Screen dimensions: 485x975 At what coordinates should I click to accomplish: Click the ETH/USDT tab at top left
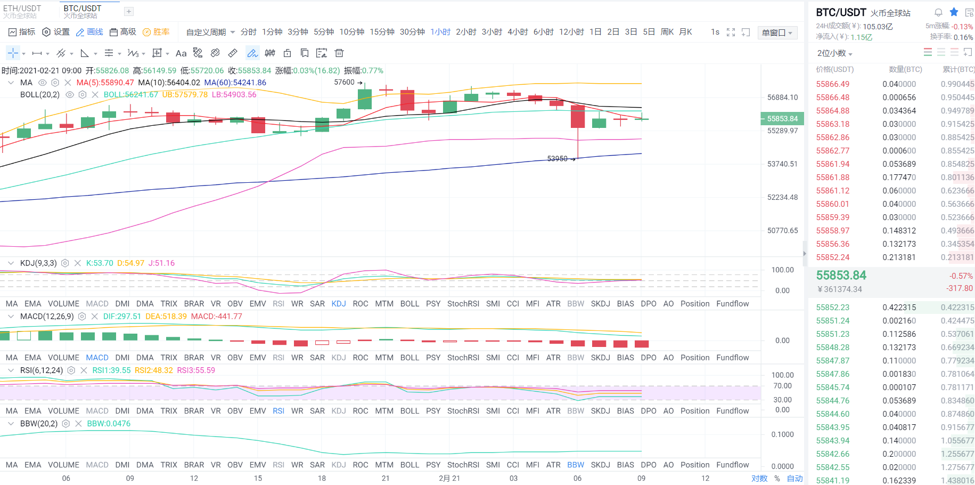tap(22, 11)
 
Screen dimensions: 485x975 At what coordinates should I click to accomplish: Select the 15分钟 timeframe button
tap(382, 32)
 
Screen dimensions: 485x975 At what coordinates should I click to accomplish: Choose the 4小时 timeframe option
tap(518, 32)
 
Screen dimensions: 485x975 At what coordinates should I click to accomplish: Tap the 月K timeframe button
tap(685, 32)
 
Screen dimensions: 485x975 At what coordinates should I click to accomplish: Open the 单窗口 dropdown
tap(777, 33)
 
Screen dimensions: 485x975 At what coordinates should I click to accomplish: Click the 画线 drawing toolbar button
tap(89, 32)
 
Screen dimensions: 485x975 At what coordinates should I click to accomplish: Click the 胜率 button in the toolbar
tap(156, 32)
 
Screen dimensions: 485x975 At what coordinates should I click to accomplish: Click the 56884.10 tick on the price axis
tap(782, 98)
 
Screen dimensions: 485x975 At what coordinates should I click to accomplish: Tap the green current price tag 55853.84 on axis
tap(782, 119)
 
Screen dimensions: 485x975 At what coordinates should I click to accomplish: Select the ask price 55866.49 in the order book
tap(833, 84)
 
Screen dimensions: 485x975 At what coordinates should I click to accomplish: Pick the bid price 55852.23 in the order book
tap(833, 308)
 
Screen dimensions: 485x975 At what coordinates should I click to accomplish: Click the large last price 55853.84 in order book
tap(841, 276)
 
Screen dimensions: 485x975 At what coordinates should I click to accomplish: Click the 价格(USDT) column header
tap(835, 69)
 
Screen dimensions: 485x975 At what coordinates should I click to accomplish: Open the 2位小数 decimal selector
tap(834, 53)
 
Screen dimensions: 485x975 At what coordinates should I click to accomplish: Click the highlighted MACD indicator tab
tap(97, 358)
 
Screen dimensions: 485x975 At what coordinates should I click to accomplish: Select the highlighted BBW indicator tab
tap(576, 465)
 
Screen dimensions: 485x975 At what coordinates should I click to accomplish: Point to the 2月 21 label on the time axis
tap(449, 478)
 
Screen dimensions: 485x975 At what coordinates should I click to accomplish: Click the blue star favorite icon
tap(954, 12)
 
